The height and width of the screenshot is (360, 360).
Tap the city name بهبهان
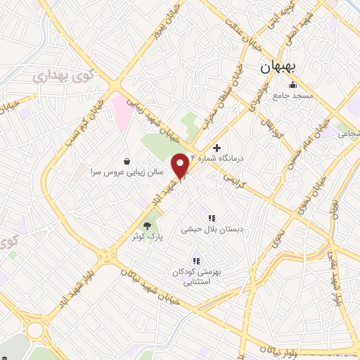pos(281,68)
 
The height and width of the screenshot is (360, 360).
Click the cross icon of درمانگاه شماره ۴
pos(217,148)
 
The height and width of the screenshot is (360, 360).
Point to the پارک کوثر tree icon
pos(148,226)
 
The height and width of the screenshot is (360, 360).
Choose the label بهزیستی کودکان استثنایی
pos(192,271)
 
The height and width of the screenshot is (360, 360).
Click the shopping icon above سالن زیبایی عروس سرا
pos(127,160)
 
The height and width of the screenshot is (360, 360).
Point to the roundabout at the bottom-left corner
pos(35,329)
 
